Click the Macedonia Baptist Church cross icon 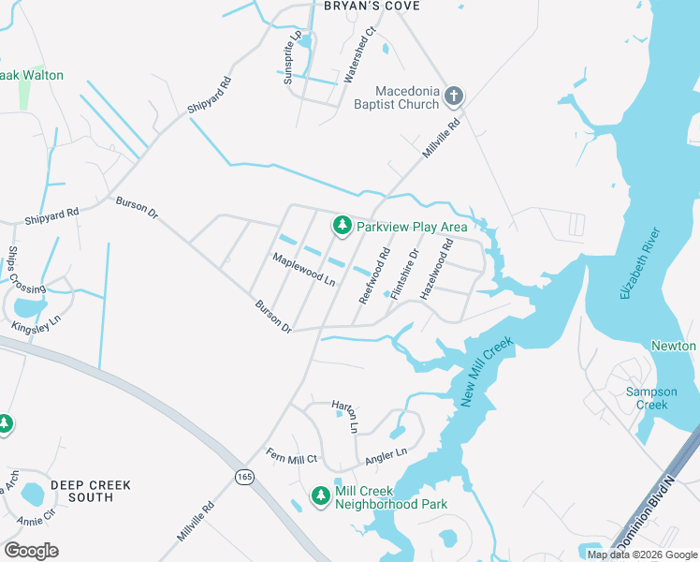tap(454, 96)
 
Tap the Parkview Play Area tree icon tap(343, 225)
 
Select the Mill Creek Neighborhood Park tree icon tap(321, 495)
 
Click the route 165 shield tap(244, 477)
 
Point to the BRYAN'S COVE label tap(371, 7)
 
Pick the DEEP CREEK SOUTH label tap(91, 491)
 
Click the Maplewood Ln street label tap(303, 269)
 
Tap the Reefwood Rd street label tap(374, 275)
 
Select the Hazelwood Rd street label tap(436, 270)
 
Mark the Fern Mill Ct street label tap(292, 456)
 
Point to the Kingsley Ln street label tap(36, 324)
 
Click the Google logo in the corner tap(32, 550)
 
